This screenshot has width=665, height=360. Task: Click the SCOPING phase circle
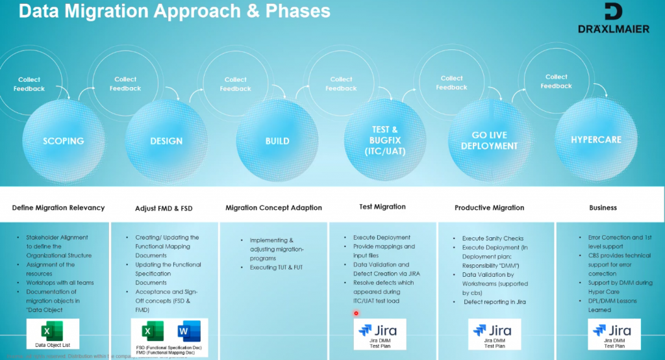pos(63,140)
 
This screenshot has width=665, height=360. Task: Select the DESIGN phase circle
pos(166,140)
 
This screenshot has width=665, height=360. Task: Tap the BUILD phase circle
pos(277,140)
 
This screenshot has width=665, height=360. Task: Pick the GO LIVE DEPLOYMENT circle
pos(489,141)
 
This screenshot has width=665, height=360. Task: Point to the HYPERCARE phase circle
pos(596,140)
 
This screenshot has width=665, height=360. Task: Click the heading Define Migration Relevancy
pos(58,208)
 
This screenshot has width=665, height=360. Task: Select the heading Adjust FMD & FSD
pos(164,208)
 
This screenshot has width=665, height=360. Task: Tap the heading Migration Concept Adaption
pos(273,208)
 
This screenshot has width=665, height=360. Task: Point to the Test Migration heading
pos(383,207)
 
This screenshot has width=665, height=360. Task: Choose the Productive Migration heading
pos(489,208)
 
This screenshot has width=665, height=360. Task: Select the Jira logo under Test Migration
pos(381,330)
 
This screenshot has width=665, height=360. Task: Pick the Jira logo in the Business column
pos(614,330)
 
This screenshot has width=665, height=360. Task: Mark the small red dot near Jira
pos(356,313)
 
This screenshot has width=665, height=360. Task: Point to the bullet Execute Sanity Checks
pos(492,238)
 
